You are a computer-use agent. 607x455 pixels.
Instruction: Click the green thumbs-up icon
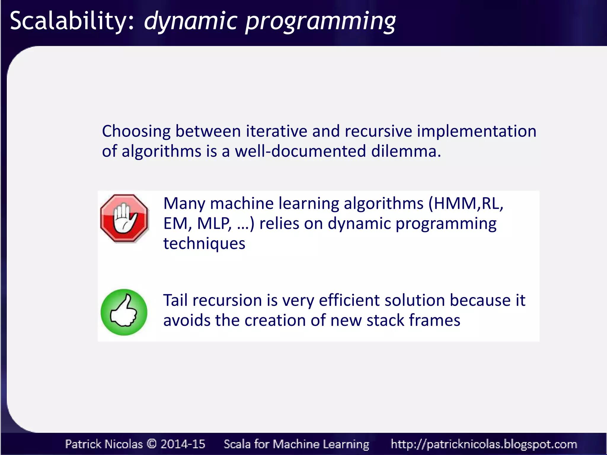point(124,312)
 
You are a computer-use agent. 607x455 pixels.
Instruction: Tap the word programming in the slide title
point(320,21)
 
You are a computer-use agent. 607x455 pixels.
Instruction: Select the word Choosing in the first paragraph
point(136,131)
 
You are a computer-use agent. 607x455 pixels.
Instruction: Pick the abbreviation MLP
point(214,224)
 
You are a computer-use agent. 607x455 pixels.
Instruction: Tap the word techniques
point(204,244)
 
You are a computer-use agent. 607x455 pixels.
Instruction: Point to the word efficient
point(349,300)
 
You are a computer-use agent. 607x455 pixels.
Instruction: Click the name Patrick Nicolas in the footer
point(104,444)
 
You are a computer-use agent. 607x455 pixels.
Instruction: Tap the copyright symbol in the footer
point(151,444)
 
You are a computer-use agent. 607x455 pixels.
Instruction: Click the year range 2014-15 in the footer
point(183,444)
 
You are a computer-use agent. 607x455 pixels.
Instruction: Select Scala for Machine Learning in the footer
point(296,444)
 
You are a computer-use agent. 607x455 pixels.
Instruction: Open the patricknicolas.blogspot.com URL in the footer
point(484,444)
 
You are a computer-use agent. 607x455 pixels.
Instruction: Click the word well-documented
point(301,151)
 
